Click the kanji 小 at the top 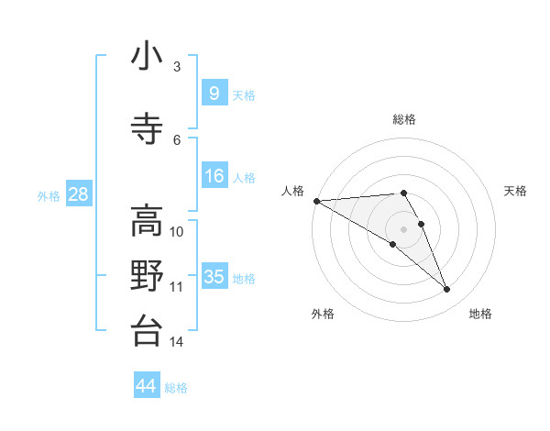tap(147, 58)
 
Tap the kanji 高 tap(147, 221)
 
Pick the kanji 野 tap(147, 276)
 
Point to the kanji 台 tap(147, 330)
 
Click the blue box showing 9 tap(214, 93)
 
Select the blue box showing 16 tap(214, 176)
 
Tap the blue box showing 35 tap(214, 277)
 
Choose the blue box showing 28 tap(78, 193)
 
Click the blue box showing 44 tap(147, 386)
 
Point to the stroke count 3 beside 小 tap(177, 67)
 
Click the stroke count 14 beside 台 tap(177, 342)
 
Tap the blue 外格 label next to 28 tap(49, 195)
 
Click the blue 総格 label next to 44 tap(176, 388)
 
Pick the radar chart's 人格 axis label tap(292, 191)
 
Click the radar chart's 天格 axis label tap(515, 191)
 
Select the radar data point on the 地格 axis tap(446, 290)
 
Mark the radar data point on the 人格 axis tap(316, 201)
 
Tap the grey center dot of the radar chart tap(403, 228)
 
